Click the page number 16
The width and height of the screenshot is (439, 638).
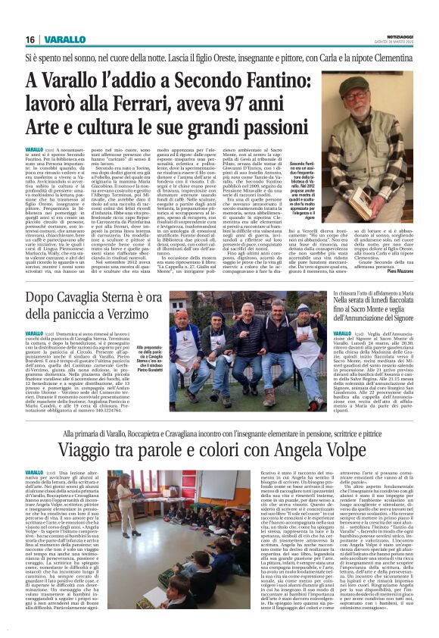tap(31, 39)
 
